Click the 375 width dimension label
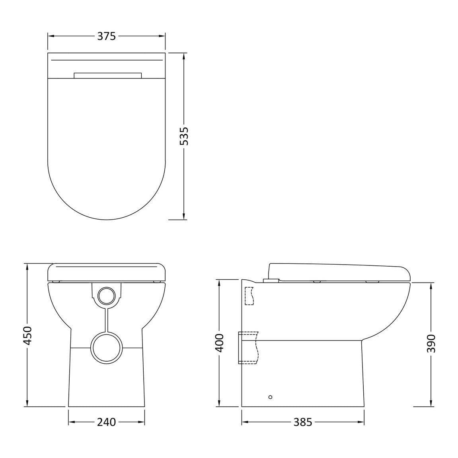click(x=107, y=36)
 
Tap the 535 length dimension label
click(x=184, y=136)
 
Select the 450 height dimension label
click(x=27, y=335)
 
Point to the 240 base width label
click(x=106, y=422)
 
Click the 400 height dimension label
click(x=219, y=343)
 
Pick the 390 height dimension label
click(x=431, y=343)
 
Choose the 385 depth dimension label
click(x=303, y=422)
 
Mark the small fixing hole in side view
click(x=270, y=397)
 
